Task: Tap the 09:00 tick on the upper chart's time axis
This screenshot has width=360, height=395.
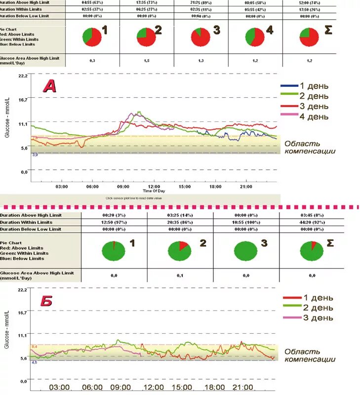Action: coord(123,187)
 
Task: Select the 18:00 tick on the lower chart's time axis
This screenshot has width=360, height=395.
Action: coord(215,387)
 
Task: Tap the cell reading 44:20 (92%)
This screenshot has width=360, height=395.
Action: coord(312,222)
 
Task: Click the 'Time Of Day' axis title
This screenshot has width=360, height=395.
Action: coord(154,191)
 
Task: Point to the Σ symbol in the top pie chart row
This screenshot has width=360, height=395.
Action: coord(327,30)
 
